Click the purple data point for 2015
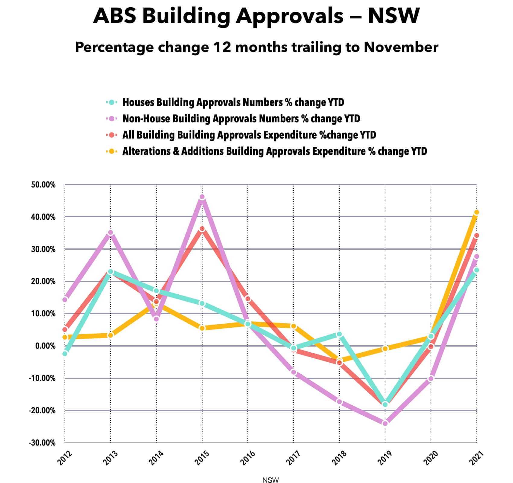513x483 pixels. point(202,197)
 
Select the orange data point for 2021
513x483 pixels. point(476,213)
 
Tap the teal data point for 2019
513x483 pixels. point(385,404)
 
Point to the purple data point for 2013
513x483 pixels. point(110,233)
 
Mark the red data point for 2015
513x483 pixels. point(202,229)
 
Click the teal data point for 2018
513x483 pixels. point(339,334)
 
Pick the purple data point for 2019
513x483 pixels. point(385,424)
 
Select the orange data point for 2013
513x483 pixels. point(110,335)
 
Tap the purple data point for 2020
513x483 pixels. point(431,379)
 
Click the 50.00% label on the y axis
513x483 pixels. point(43,185)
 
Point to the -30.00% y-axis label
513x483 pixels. point(42,443)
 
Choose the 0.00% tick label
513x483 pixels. point(45,346)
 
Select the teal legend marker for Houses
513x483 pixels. point(112,102)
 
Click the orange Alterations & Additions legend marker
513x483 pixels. point(112,151)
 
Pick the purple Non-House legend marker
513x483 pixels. point(112,119)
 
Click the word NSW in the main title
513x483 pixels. point(394,15)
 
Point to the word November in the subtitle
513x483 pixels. point(401,47)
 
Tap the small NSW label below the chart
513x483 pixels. point(270,480)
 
